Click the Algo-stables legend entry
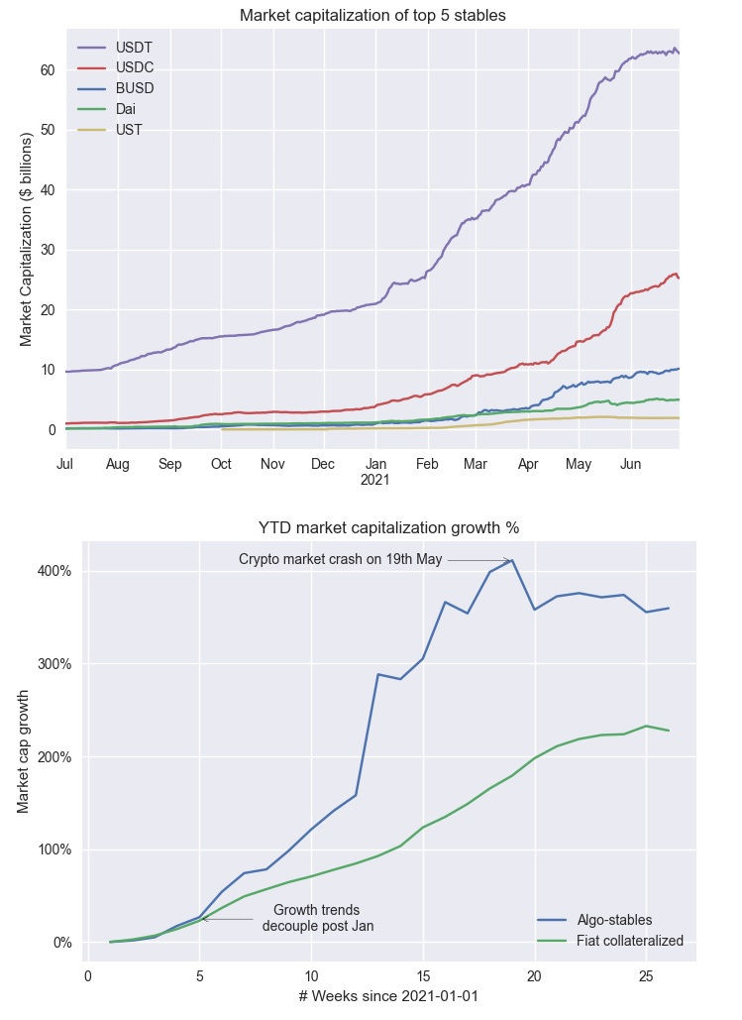614,920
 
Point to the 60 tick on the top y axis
47,70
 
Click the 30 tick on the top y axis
47,250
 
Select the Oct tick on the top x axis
222,464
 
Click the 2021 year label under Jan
374,480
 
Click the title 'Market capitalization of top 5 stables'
372,15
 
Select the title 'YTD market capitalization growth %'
388,527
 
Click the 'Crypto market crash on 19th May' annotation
340,559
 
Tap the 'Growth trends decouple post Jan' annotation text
317,918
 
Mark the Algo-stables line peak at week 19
512,561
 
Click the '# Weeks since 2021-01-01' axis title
388,995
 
